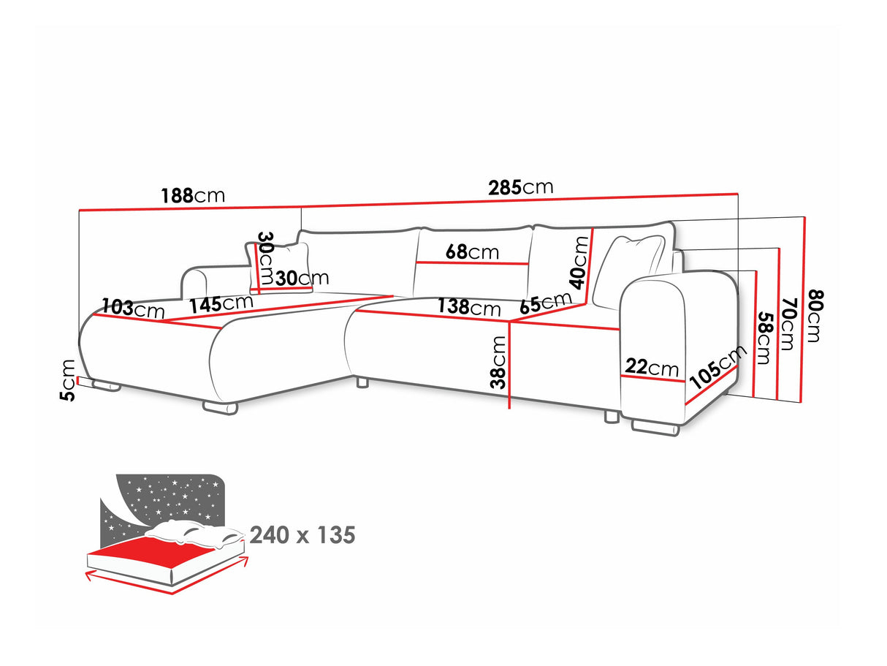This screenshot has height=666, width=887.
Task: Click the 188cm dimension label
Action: (193, 196)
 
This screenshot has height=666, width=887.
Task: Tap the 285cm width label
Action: (521, 187)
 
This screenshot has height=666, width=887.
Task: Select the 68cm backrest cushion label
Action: (472, 252)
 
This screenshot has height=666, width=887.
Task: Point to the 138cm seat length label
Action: (469, 307)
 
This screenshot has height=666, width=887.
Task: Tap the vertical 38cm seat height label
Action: (499, 362)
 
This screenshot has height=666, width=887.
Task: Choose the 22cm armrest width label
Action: (652, 367)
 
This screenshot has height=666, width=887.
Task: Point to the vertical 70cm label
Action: (786, 323)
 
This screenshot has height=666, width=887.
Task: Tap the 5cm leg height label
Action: (68, 380)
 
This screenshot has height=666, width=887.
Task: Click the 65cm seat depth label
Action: (546, 303)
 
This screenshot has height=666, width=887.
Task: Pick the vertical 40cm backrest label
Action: (580, 262)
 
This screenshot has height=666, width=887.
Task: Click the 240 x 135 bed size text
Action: (302, 535)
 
